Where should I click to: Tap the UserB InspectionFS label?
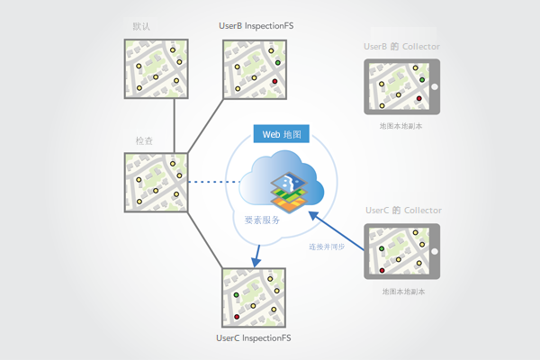(x=256, y=26)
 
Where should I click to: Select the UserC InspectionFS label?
(x=255, y=338)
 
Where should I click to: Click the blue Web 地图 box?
(x=282, y=134)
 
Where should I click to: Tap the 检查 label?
(x=144, y=141)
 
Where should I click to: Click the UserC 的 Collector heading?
(x=403, y=210)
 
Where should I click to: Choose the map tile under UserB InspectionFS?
(x=255, y=70)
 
